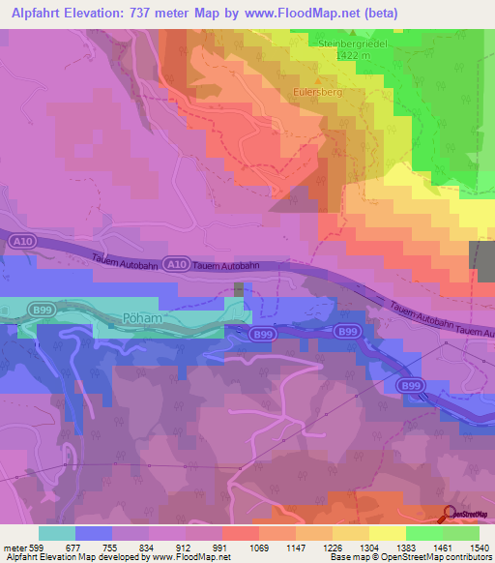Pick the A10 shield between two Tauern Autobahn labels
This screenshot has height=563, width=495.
(x=175, y=264)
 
